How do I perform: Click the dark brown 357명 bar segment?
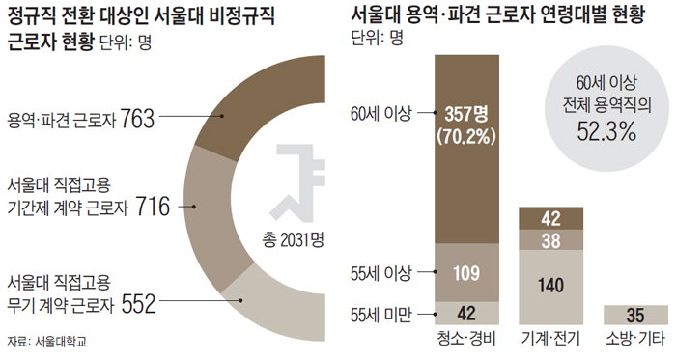point(467,145)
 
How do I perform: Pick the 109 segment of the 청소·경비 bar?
point(467,272)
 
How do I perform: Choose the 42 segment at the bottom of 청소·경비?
point(467,312)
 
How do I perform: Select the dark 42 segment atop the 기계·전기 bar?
point(551,218)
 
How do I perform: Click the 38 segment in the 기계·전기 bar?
point(551,239)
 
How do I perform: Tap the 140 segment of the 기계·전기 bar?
point(551,286)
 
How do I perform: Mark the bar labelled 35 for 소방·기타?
point(634,314)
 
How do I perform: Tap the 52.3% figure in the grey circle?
point(607,131)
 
